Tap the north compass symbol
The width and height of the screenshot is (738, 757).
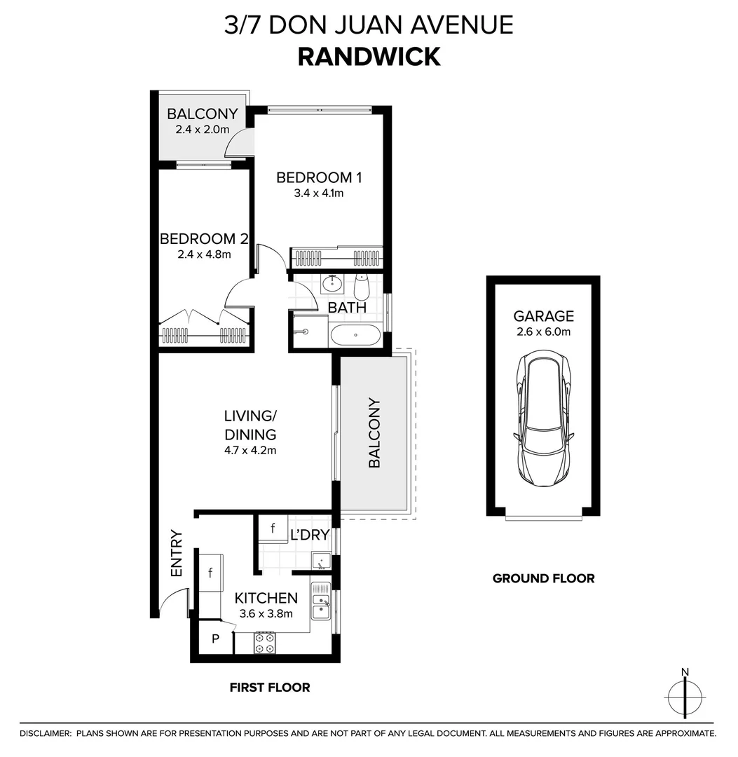(x=685, y=697)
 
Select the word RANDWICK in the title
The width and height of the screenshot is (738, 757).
(x=369, y=57)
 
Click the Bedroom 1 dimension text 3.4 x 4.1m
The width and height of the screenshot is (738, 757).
(x=319, y=193)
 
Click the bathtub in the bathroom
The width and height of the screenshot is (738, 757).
(x=355, y=335)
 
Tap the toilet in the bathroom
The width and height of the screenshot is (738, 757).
(x=362, y=286)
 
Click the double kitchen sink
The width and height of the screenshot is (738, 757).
(x=321, y=602)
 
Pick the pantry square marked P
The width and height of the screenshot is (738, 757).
(x=215, y=639)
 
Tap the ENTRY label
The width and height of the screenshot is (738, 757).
(x=176, y=554)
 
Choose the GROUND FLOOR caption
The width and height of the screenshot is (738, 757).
(x=543, y=578)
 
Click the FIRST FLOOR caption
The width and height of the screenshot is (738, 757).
(x=270, y=688)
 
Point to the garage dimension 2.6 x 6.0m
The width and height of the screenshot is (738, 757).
(x=543, y=331)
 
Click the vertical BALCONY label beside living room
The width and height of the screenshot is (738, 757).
(x=374, y=433)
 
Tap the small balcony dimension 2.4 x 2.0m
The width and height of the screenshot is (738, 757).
(x=202, y=130)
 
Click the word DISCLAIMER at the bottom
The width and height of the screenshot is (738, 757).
(x=45, y=733)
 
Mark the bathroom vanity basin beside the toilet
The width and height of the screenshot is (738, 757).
(x=332, y=285)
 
